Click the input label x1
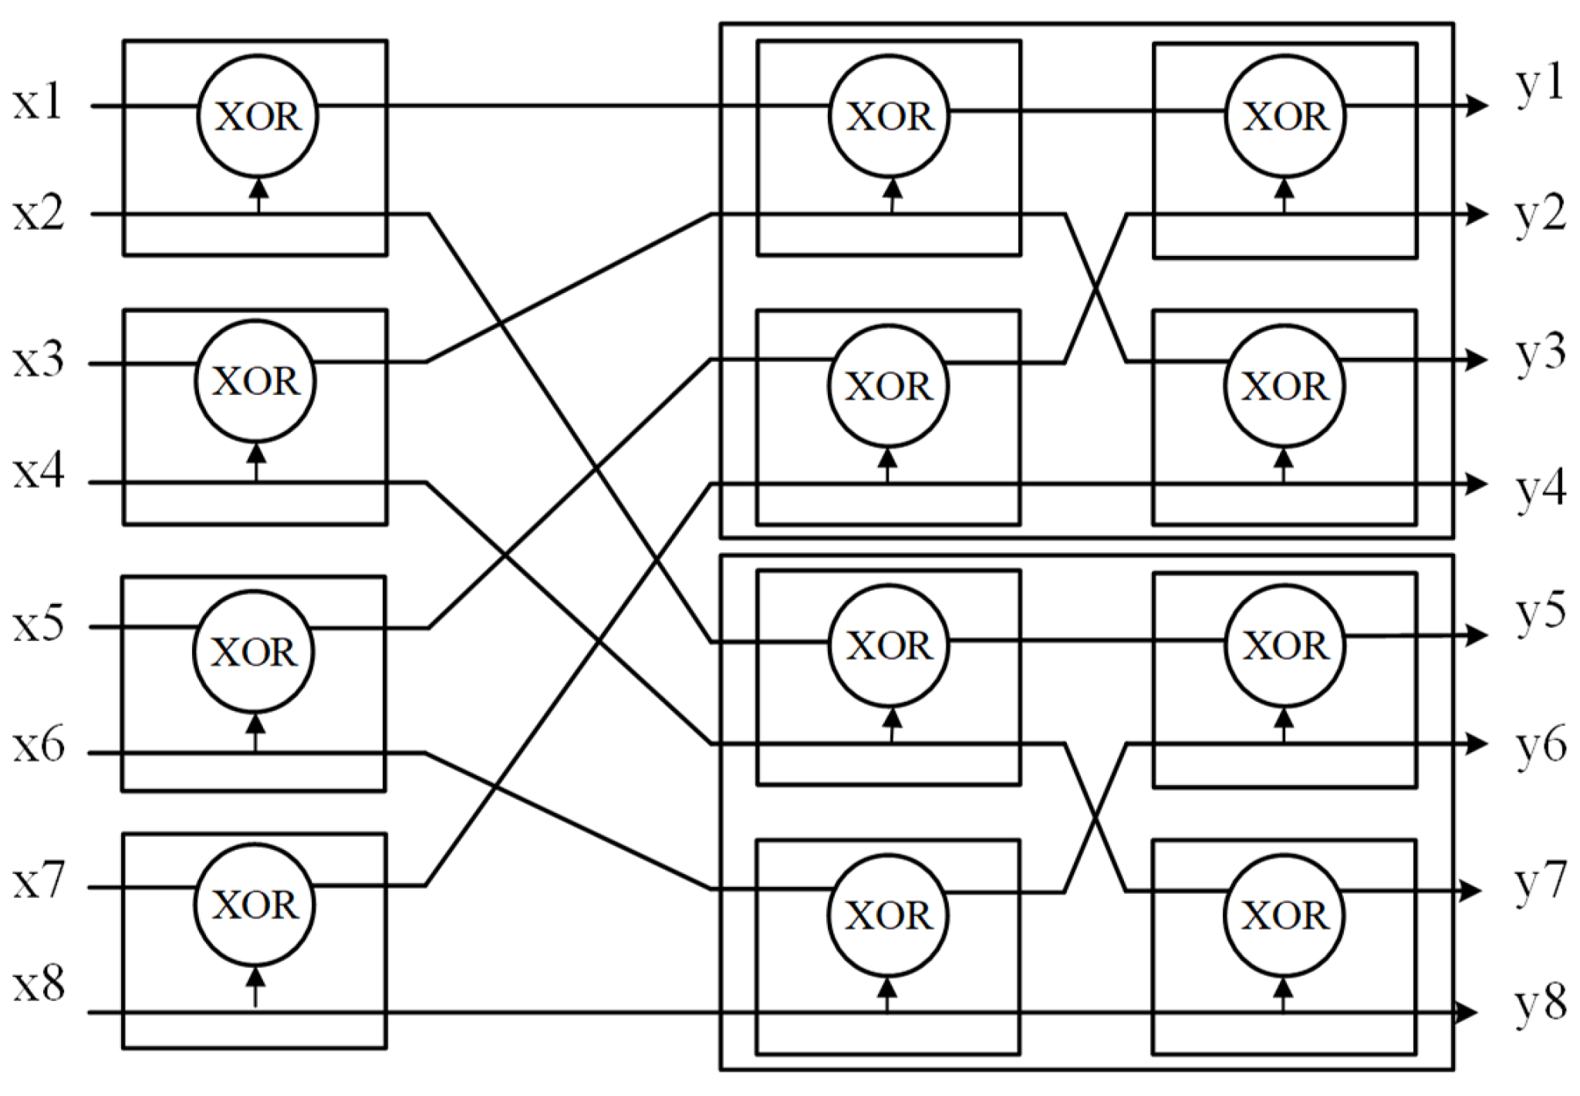37,103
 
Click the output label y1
1539,85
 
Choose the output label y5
1540,614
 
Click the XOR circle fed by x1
258,116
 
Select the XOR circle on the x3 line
255,381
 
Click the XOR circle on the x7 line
255,904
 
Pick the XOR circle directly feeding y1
1285,116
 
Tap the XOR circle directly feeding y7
1284,916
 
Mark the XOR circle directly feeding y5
1285,646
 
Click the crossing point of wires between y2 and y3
1096,288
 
